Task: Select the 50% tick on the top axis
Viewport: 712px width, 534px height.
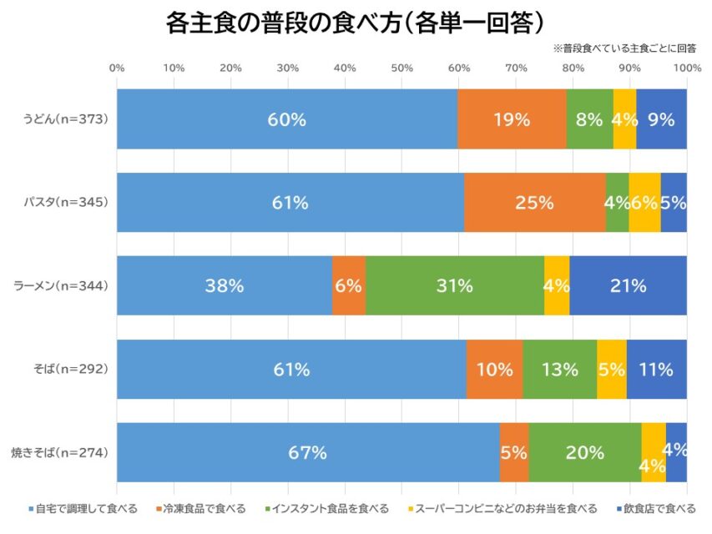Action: pos(401,68)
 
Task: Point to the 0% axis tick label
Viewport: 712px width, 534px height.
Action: pos(117,68)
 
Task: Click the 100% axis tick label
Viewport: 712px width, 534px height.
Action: pos(686,68)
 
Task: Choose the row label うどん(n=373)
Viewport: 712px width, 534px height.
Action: pos(65,119)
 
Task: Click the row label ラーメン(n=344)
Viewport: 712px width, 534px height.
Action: pos(61,286)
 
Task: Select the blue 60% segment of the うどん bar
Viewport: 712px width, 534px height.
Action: pos(286,119)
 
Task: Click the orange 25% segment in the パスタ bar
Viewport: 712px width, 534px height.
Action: pos(534,203)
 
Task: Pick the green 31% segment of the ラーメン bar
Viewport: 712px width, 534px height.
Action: pos(454,286)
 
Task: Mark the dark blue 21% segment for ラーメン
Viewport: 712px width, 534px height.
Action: pos(628,286)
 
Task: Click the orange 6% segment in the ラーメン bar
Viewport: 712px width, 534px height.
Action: pos(348,286)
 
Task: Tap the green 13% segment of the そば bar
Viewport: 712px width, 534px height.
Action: pos(559,370)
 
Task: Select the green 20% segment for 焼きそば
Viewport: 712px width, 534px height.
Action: pos(584,453)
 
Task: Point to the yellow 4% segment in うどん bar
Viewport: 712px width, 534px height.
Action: pos(624,119)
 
